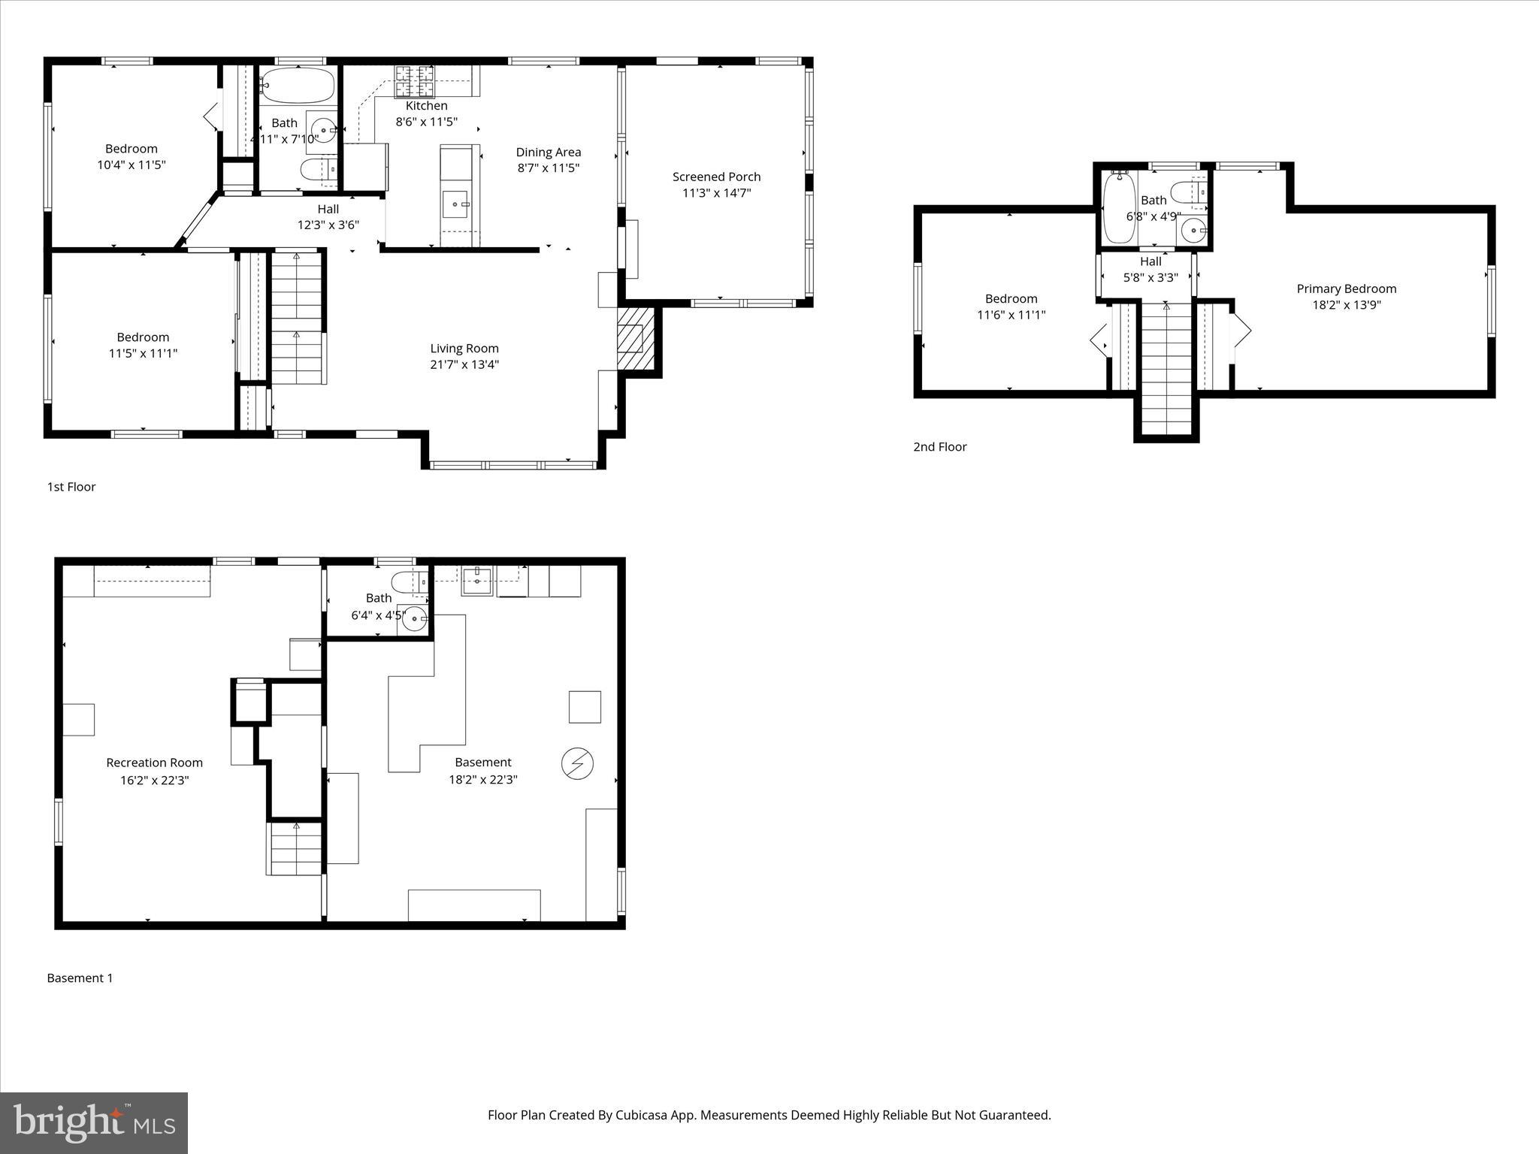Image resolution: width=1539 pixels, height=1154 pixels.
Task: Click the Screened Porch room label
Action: (716, 177)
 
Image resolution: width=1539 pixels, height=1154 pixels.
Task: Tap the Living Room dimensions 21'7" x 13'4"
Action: (464, 364)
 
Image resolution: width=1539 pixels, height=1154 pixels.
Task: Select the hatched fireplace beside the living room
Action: (635, 337)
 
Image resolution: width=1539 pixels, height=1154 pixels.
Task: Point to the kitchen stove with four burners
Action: (415, 81)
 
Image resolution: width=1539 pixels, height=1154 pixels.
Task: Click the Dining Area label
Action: (548, 152)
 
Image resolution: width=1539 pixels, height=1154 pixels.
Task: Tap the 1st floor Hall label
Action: (328, 209)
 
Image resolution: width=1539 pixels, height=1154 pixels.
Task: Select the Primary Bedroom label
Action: (1346, 288)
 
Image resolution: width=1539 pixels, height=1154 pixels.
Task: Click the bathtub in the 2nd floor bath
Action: (1119, 207)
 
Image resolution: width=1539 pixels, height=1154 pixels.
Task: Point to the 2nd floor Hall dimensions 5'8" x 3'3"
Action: (1150, 277)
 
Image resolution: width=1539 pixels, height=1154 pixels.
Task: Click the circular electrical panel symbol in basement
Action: (577, 764)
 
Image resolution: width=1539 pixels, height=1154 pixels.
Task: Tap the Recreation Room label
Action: (154, 763)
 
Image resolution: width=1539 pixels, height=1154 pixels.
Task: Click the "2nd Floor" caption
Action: (939, 446)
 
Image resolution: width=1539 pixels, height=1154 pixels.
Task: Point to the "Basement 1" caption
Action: (80, 977)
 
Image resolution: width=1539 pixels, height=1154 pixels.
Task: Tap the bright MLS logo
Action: (94, 1123)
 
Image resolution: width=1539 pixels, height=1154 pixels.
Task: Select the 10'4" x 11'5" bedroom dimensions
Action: (131, 165)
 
